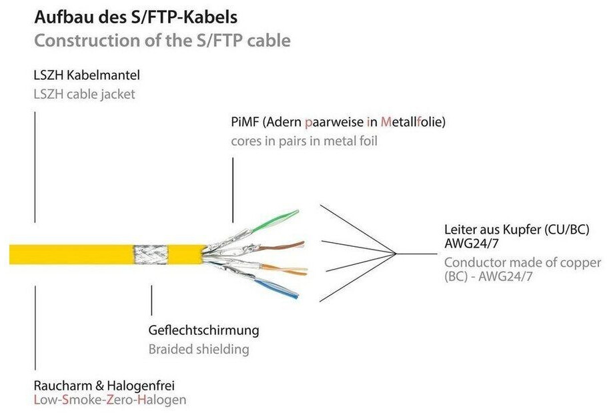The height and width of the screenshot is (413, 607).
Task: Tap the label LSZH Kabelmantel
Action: point(87,75)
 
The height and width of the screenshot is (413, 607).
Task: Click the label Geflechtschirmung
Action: point(203,330)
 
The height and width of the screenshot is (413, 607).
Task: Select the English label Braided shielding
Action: point(199,349)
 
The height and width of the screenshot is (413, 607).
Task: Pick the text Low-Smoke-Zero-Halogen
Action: point(110,400)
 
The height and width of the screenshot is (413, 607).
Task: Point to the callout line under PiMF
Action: point(232,190)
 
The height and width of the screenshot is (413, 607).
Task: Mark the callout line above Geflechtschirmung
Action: point(151,300)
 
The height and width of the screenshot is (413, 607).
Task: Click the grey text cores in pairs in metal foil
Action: point(304,141)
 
